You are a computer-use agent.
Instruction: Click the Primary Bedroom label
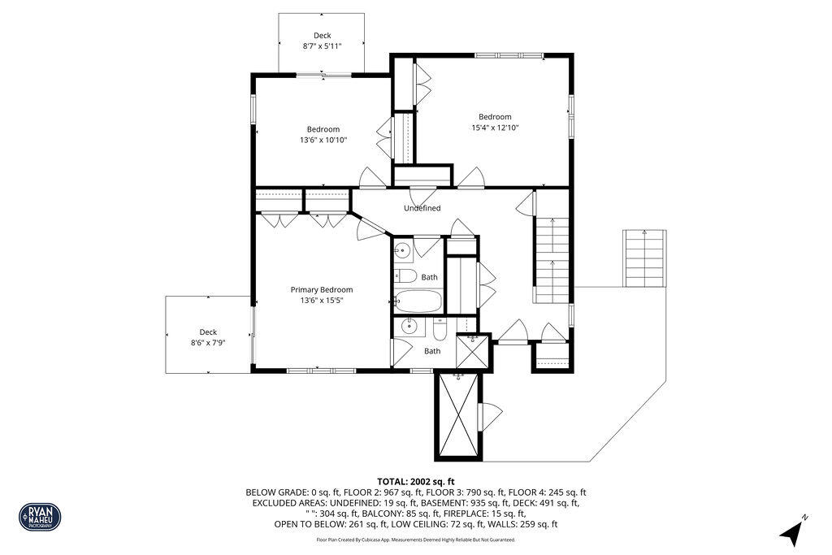[322, 289]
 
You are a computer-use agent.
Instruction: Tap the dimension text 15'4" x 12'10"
[495, 128]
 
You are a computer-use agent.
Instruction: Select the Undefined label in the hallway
[422, 208]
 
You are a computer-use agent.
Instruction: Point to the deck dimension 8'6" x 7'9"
[208, 343]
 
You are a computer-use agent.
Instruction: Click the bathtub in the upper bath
[418, 301]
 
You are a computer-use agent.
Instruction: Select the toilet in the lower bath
[440, 328]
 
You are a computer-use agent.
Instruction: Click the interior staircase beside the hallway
[552, 258]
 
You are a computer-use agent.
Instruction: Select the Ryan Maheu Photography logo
[40, 516]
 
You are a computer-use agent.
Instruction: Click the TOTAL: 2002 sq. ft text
[416, 481]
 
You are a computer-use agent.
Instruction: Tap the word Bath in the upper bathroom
[429, 277]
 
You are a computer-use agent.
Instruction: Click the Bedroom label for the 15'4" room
[495, 116]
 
